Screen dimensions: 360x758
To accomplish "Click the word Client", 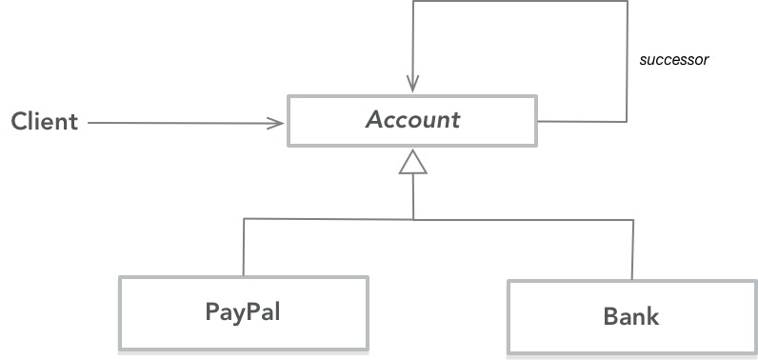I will [45, 122].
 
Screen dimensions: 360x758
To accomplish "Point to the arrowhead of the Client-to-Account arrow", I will [278, 122].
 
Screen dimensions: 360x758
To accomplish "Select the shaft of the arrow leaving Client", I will [181, 122].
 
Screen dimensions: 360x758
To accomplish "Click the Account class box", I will [412, 120].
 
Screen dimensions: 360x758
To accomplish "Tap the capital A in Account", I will [374, 120].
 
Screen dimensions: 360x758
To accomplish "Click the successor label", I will [674, 59].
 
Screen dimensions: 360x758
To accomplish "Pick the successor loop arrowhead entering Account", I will [412, 84].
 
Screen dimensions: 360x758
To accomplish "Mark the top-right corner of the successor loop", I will [628, 1].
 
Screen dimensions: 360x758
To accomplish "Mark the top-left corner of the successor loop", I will [412, 1].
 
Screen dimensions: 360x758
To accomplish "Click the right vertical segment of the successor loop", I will [628, 62].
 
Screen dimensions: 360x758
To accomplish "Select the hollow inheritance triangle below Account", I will [412, 163].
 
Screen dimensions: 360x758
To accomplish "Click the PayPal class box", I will [243, 312].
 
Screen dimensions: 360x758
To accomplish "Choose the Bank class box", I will [630, 316].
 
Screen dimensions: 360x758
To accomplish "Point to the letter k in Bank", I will [651, 316].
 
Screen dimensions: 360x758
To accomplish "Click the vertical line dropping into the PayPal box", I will [244, 248].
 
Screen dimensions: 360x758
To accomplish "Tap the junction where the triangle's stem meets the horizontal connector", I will [412, 219].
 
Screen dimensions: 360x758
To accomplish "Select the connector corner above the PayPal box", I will [244, 219].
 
